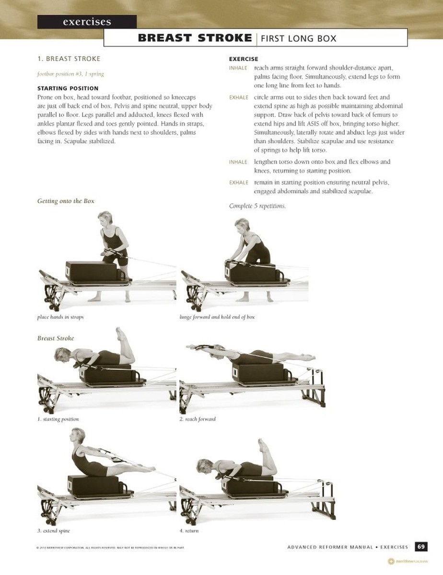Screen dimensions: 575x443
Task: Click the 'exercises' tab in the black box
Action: click(87, 22)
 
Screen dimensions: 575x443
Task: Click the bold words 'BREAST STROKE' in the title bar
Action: click(195, 38)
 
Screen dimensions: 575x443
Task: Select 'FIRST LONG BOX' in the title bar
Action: click(298, 38)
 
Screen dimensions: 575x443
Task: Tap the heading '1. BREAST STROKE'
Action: click(69, 59)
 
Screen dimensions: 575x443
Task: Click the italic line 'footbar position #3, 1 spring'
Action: click(70, 74)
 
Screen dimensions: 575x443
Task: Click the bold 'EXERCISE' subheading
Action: click(244, 59)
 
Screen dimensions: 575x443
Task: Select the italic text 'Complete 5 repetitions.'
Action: click(257, 206)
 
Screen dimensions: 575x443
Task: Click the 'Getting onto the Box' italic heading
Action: click(66, 201)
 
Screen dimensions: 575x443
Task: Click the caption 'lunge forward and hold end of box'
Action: click(217, 317)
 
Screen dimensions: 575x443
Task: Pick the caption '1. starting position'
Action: click(58, 419)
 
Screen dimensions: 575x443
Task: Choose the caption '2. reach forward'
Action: click(198, 419)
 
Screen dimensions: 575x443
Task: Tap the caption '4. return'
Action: click(189, 531)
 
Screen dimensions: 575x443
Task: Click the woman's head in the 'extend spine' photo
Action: click(78, 436)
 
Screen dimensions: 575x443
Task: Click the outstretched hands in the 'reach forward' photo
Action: click(194, 347)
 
